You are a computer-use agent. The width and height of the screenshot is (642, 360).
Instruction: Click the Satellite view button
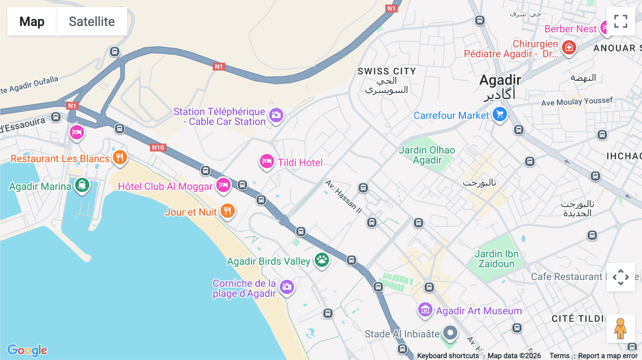92,22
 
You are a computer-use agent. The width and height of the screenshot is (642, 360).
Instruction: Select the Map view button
32,22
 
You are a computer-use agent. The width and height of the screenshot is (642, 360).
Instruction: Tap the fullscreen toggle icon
621,21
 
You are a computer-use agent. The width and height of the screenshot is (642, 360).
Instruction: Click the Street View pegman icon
621,328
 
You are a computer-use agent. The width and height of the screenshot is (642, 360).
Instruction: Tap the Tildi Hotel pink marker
266,161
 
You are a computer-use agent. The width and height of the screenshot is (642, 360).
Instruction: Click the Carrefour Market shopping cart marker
500,114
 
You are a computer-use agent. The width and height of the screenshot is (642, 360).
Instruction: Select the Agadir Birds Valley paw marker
322,260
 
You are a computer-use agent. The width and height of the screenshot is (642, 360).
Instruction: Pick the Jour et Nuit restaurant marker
228,211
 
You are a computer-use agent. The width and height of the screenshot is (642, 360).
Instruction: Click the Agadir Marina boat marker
82,185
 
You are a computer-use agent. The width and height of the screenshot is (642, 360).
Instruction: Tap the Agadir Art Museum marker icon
425,310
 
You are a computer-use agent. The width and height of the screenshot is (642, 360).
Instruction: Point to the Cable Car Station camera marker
276,115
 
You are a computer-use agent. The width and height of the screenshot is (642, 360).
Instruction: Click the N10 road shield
158,148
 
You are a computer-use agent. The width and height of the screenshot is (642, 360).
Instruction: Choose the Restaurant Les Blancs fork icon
120,157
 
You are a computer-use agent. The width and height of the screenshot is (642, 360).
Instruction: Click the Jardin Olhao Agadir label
427,155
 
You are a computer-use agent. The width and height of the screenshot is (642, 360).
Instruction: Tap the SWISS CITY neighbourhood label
387,71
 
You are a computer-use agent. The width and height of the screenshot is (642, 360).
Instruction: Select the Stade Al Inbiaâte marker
450,333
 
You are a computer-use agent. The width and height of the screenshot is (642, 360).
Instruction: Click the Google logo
27,350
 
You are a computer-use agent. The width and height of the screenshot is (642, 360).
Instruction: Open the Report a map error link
608,356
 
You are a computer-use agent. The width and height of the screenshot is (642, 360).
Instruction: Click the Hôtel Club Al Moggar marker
223,185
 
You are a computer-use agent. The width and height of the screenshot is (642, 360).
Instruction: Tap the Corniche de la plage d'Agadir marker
287,287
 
